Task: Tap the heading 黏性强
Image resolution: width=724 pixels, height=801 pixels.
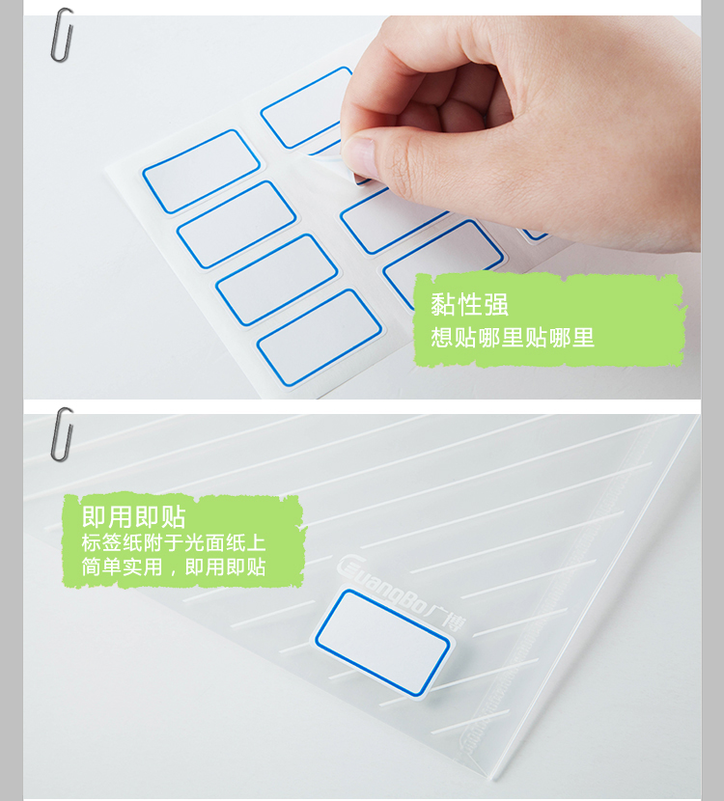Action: coord(469,304)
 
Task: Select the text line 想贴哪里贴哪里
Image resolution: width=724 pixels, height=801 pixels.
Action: coord(512,338)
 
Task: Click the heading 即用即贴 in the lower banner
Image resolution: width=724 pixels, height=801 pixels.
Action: coord(133,517)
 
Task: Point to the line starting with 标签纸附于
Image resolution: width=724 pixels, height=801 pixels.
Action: coord(174,542)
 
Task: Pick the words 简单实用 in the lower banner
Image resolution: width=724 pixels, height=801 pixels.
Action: coord(122,566)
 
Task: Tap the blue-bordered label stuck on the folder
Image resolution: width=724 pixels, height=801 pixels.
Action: coord(382,642)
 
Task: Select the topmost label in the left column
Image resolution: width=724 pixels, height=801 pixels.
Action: coord(202,171)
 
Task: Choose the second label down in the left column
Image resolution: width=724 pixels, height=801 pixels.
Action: coord(237,225)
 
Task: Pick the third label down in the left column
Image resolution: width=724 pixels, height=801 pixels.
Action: coord(276,280)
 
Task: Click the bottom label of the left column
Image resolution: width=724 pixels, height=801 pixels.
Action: coord(320,337)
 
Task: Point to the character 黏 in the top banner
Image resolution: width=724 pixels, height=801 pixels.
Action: coord(442,304)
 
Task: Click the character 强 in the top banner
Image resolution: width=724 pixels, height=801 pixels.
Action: coord(496,304)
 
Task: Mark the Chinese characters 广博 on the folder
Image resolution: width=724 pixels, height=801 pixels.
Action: coord(446,617)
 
